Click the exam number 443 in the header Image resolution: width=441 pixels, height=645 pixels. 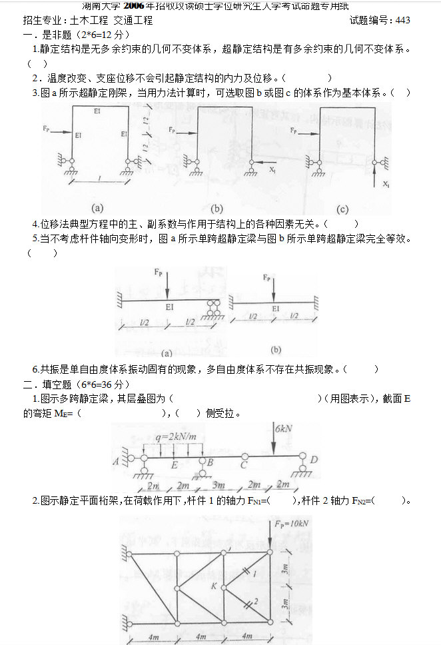coord(402,20)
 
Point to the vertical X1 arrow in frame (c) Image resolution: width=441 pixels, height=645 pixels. coord(377,176)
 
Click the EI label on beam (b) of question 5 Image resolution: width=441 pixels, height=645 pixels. coord(276,309)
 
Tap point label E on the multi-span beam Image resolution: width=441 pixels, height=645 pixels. coord(175,465)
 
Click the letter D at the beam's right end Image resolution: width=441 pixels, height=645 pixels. coord(314,460)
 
